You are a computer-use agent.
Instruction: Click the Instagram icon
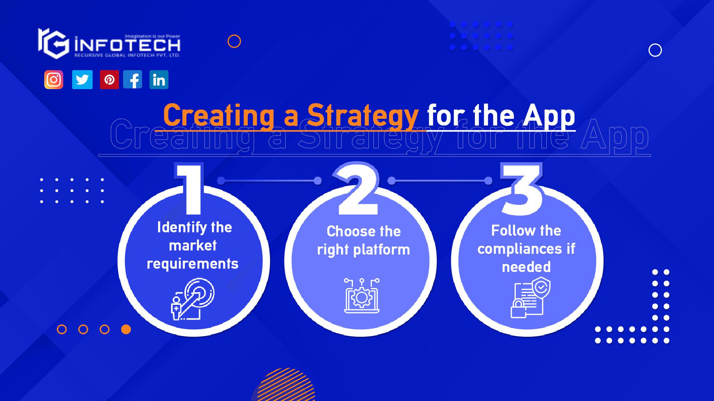pos(54,79)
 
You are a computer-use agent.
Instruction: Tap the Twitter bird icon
pos(82,79)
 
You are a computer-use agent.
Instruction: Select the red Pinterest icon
pos(109,79)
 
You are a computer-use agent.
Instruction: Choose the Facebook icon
pos(133,79)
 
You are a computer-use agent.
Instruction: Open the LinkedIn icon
pos(159,79)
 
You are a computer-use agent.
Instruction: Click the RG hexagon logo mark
pos(54,43)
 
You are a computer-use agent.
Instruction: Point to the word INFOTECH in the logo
pos(127,45)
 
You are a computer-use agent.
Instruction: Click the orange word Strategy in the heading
pos(363,116)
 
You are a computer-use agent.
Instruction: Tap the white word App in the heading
pos(549,116)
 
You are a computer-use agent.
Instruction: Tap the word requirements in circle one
pos(193,264)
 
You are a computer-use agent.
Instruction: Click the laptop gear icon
pos(361,296)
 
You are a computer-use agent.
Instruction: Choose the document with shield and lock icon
pos(530,297)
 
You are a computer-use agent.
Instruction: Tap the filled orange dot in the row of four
pos(126,329)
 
